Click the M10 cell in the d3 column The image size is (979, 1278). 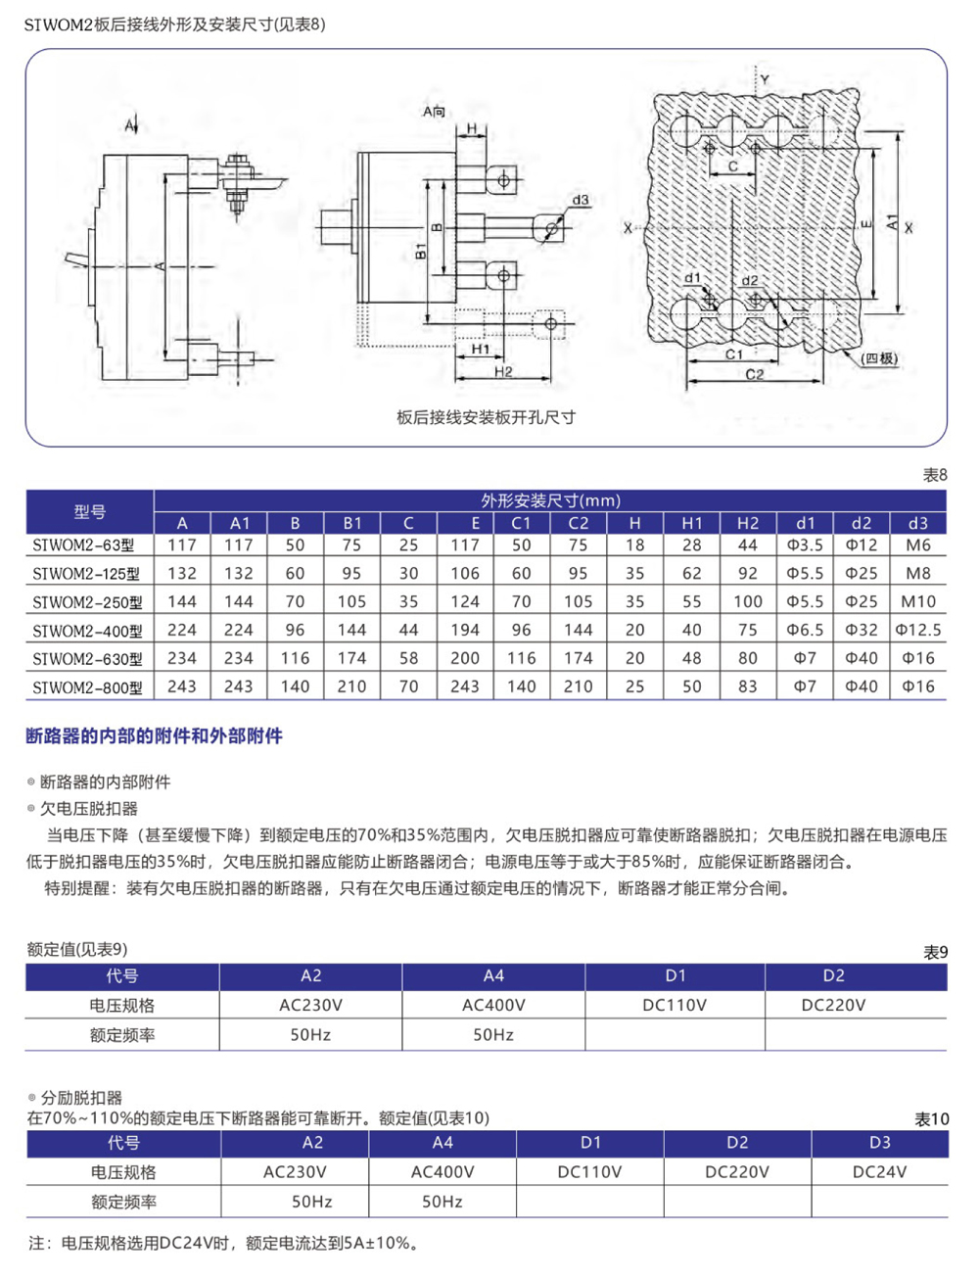(x=917, y=601)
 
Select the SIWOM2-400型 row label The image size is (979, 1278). (x=87, y=631)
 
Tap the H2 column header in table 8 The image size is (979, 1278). (x=747, y=523)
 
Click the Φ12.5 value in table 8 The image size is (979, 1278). (x=917, y=630)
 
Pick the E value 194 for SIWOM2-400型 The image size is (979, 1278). (x=464, y=630)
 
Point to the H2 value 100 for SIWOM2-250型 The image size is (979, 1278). (x=747, y=601)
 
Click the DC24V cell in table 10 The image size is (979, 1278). (x=879, y=1171)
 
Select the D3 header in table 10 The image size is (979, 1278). (x=879, y=1142)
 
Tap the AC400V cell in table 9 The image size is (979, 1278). (x=493, y=1005)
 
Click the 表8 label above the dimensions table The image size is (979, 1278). (x=935, y=475)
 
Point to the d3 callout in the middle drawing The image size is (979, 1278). (x=581, y=200)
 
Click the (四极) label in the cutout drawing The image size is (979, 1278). (x=879, y=358)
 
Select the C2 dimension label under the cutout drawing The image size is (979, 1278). (x=755, y=374)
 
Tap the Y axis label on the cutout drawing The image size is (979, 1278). (x=765, y=79)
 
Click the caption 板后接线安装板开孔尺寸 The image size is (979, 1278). (x=486, y=417)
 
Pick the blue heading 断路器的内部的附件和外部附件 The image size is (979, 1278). (x=154, y=735)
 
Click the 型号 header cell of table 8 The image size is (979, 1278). (x=89, y=511)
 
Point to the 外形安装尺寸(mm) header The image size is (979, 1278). (x=550, y=500)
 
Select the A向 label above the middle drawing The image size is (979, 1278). (x=434, y=112)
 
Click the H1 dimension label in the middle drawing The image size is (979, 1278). (x=481, y=349)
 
